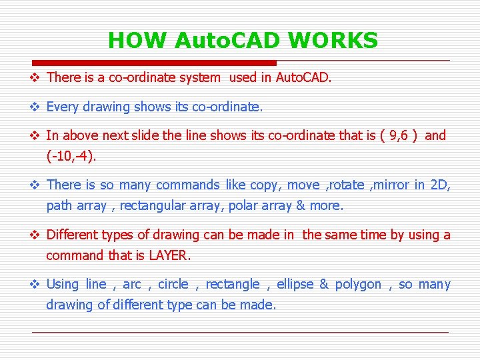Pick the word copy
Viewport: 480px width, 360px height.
pyautogui.click(x=265, y=185)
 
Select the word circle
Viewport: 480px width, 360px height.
pyautogui.click(x=173, y=285)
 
